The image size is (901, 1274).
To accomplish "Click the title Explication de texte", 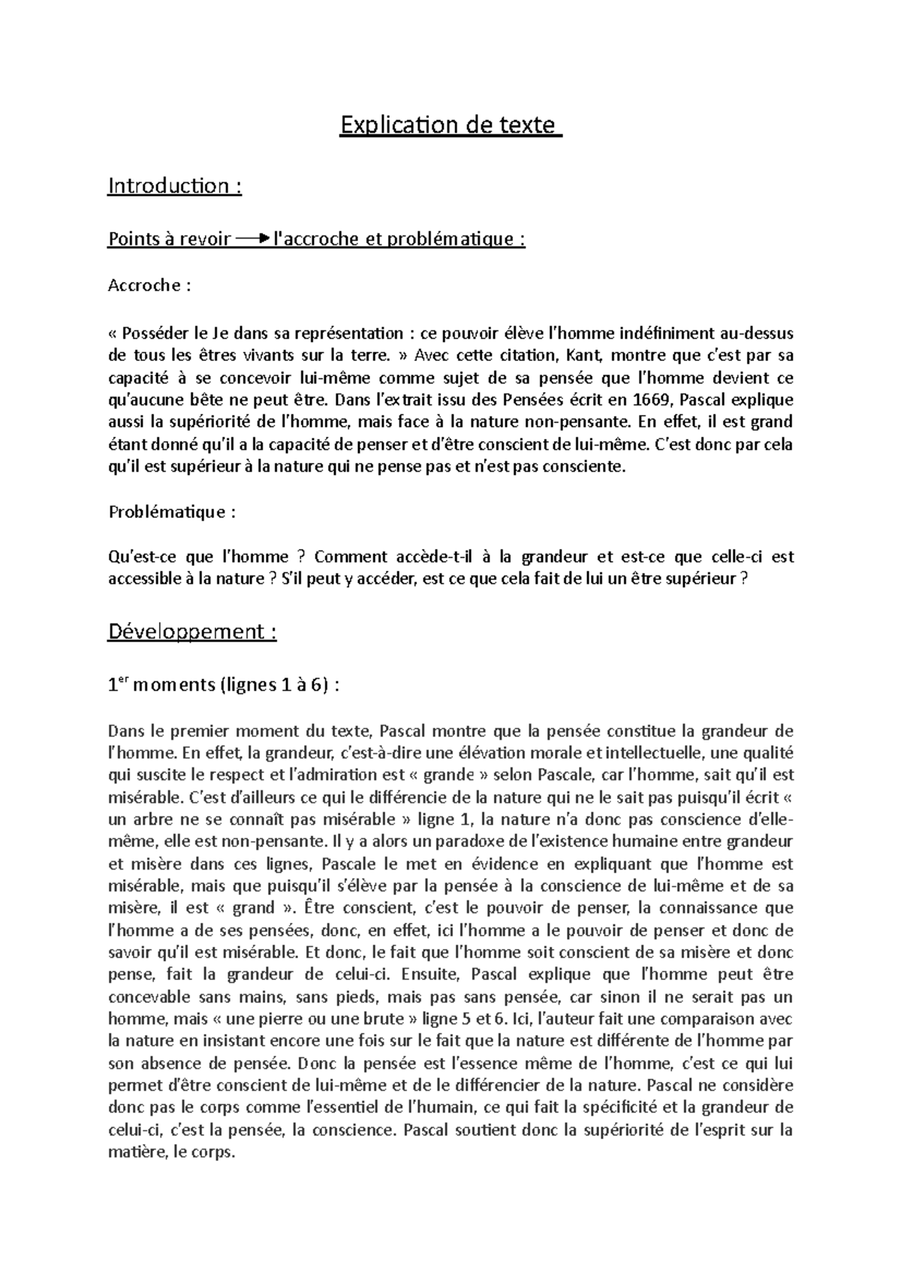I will tap(450, 125).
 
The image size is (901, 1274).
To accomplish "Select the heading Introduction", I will tap(174, 185).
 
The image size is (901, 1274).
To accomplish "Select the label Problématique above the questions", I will tap(172, 512).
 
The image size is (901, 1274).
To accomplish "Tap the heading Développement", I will tap(192, 632).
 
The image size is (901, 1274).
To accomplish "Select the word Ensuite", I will tap(435, 975).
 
